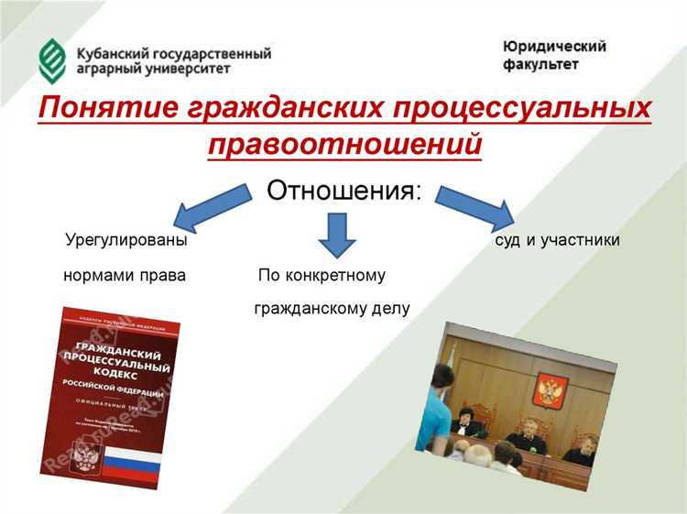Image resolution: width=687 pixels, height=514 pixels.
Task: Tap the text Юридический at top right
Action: point(554,46)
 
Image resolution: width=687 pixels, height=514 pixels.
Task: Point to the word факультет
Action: point(540,65)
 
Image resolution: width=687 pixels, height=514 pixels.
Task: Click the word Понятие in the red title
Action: point(104,111)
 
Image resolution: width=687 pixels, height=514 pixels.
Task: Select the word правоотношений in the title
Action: point(344,145)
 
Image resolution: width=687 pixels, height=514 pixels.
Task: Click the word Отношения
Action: point(344,191)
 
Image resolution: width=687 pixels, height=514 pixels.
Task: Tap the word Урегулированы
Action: point(126,240)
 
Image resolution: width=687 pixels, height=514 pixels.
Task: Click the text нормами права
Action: point(125,275)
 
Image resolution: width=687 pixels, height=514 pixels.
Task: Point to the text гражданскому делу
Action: point(332,309)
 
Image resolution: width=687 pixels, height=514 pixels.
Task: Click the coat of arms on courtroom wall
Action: point(549,390)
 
